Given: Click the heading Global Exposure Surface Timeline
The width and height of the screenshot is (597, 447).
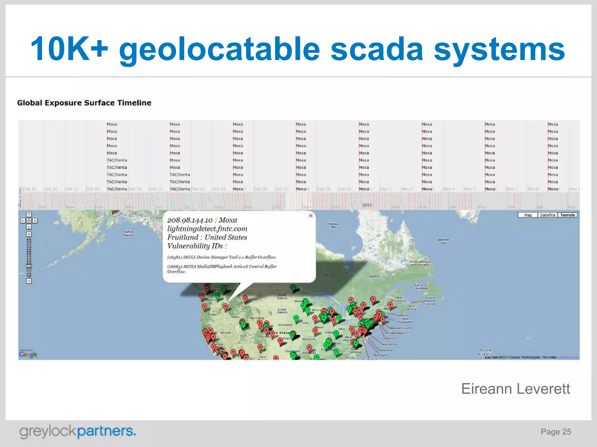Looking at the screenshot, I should tap(84, 103).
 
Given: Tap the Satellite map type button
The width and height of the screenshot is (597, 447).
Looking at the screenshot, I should tap(547, 215).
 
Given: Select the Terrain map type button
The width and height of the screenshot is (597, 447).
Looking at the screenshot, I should tap(567, 215).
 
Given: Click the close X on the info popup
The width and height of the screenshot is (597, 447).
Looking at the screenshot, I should tap(310, 216).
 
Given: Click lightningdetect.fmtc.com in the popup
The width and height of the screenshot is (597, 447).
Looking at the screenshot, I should tap(207, 229).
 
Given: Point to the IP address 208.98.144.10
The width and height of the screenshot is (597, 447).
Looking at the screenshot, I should tap(190, 220).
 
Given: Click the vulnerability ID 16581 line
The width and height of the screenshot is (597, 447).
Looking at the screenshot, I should tap(221, 257).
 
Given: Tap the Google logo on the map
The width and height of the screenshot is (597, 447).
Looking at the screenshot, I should tap(28, 354).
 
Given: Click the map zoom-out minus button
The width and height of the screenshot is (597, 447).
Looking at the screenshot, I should tap(29, 281).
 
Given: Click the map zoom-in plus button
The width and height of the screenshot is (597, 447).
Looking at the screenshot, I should tap(29, 234).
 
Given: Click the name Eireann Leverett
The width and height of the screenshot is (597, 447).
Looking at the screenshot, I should tap(515, 389).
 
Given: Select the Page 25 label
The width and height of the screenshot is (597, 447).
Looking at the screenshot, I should tap(556, 432).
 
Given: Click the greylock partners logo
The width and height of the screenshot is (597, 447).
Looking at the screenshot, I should tap(78, 431).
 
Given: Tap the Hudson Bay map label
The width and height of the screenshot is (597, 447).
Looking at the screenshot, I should tap(333, 225).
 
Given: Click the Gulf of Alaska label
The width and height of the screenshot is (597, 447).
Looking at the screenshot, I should tap(128, 233).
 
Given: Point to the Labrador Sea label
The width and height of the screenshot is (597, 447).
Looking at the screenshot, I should tap(443, 241).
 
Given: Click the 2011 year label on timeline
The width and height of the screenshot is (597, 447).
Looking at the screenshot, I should tap(367, 205).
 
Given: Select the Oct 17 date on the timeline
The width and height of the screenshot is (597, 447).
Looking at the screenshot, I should tap(72, 189).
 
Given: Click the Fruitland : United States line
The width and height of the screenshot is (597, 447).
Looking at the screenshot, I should tap(207, 237).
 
